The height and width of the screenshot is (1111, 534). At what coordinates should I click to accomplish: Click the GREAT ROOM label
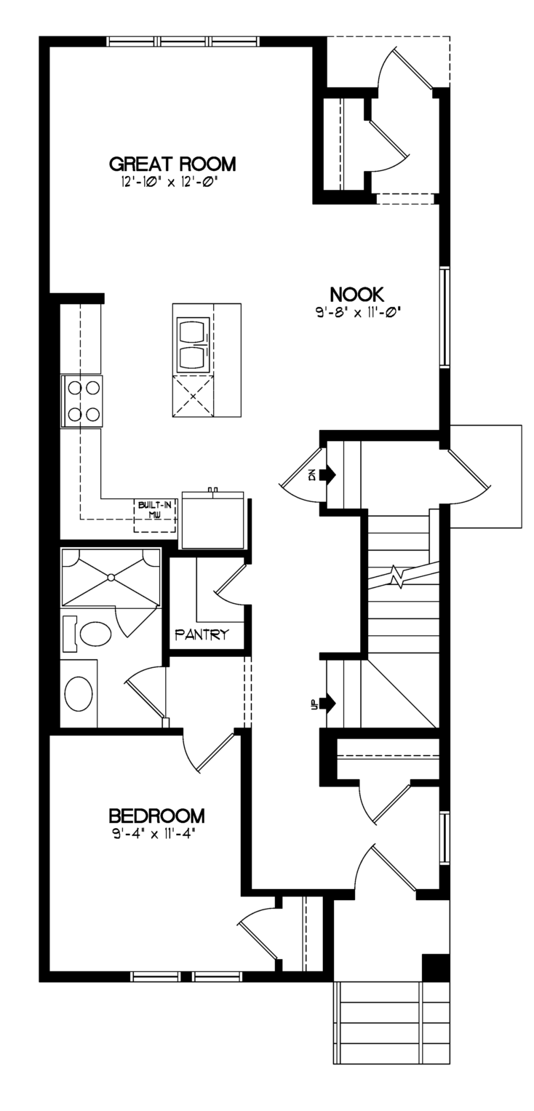point(172,164)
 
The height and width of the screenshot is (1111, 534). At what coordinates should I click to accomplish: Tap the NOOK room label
point(356,295)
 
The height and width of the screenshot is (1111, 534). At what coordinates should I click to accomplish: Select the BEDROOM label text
point(156,816)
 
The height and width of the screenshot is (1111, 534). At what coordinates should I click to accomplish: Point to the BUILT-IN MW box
point(155,516)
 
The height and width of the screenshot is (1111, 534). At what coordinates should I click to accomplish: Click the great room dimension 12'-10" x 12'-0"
point(169,182)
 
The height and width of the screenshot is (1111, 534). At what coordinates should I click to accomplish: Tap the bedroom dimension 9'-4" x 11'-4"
point(151,834)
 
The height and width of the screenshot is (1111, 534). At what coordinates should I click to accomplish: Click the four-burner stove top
point(82,401)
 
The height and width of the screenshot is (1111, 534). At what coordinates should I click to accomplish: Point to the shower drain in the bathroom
point(111,577)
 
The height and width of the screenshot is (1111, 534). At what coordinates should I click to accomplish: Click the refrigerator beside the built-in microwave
point(213,519)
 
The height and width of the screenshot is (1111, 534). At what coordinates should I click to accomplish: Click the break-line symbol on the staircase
point(401,576)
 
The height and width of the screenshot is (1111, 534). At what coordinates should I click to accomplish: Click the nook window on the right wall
point(445,317)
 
